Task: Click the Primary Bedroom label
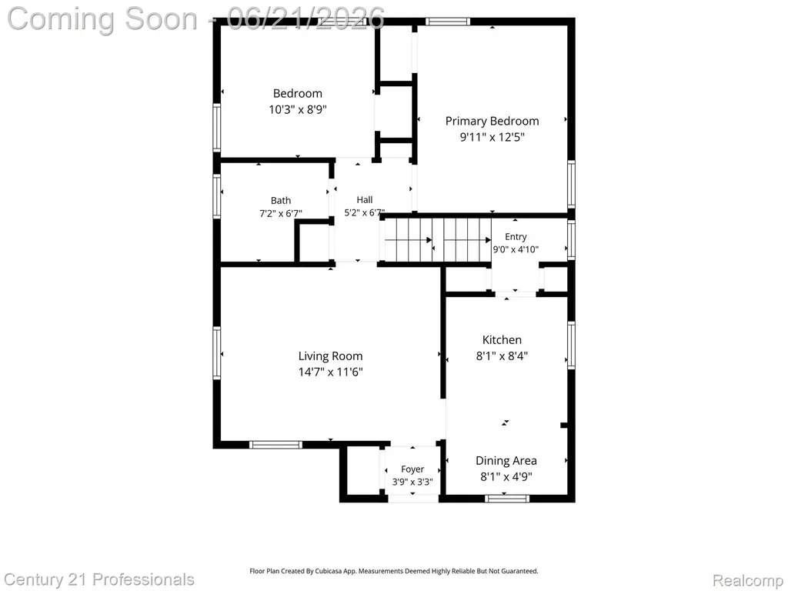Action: coord(492,121)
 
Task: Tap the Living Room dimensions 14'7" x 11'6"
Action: coord(331,372)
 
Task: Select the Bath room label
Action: coord(281,201)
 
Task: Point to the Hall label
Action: coord(365,199)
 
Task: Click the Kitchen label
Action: coord(502,339)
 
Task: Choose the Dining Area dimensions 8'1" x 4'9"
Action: coord(506,476)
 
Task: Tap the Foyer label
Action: coord(412,469)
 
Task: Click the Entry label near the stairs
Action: coord(516,237)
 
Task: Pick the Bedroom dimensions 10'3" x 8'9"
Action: coord(298,109)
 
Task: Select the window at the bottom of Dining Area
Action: coord(507,499)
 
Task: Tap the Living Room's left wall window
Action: coord(216,352)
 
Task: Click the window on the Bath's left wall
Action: coord(216,196)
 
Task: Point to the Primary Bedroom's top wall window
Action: coord(448,21)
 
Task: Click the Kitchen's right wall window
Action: coord(572,346)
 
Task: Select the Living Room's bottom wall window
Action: coord(276,445)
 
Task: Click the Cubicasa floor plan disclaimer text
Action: coord(394,571)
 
